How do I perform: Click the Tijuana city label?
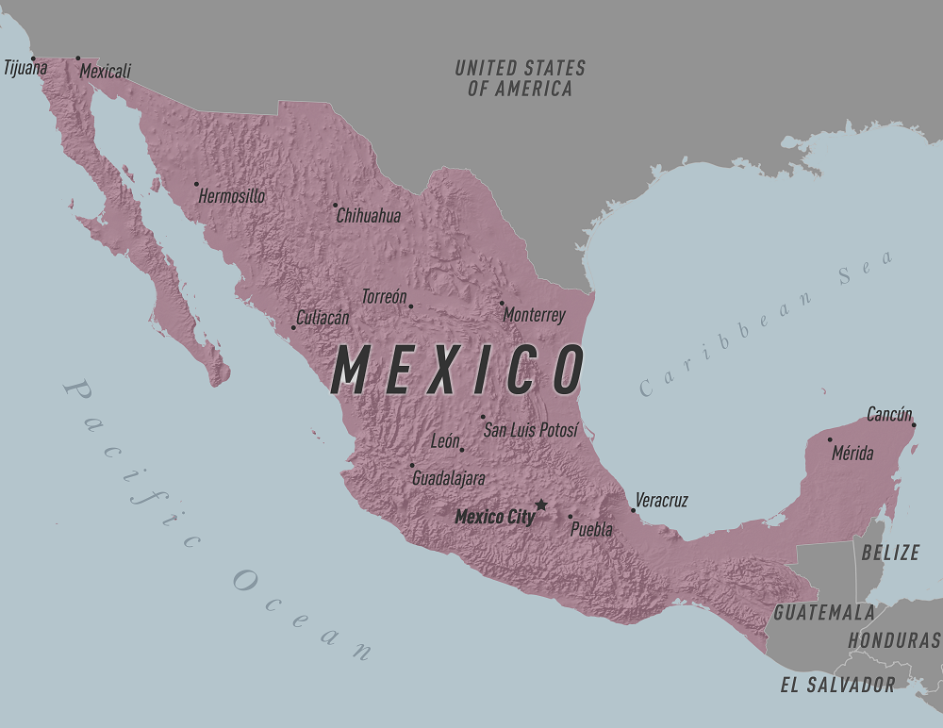[x=25, y=68]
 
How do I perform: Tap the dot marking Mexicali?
[x=78, y=58]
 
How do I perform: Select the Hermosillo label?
[x=232, y=196]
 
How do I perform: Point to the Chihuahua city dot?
[x=335, y=205]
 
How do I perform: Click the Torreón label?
[x=384, y=297]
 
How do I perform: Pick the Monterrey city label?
[x=534, y=316]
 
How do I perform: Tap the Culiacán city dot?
[x=293, y=327]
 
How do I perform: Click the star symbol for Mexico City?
[x=540, y=505]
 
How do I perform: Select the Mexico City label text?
[x=494, y=517]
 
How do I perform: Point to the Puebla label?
[x=591, y=530]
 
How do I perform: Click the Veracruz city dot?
[x=633, y=510]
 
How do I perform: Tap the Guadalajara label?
[x=449, y=479]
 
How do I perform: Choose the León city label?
[x=445, y=441]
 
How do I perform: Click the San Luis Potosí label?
[x=530, y=430]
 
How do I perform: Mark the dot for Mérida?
[x=830, y=439]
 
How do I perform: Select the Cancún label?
[x=889, y=414]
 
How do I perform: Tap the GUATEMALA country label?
[x=824, y=613]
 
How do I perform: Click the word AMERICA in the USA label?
[x=534, y=90]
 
